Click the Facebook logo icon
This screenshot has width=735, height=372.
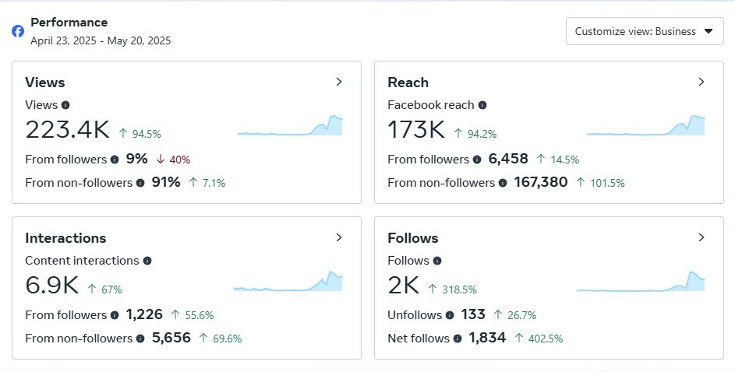coord(18,31)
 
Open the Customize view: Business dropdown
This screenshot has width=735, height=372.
coord(645,31)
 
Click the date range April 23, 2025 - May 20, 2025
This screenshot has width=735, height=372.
coord(101,40)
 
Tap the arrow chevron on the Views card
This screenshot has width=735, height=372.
coord(339,82)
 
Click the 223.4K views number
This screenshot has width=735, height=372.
coord(67,130)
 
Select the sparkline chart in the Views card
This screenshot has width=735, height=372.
coord(290,127)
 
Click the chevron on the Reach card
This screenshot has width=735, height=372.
coord(701,82)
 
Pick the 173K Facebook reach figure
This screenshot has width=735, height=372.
coord(416,130)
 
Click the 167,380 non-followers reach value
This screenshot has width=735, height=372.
coord(540,183)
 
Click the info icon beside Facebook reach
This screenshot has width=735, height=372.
coord(482,105)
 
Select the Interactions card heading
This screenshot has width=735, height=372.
coord(65,238)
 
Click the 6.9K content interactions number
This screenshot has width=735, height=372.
coord(51,286)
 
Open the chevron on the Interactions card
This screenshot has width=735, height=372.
coord(339,237)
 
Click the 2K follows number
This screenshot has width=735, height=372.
coord(405,286)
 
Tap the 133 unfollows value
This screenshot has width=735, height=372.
coord(473,315)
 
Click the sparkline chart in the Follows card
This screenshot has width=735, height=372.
coord(641,282)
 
